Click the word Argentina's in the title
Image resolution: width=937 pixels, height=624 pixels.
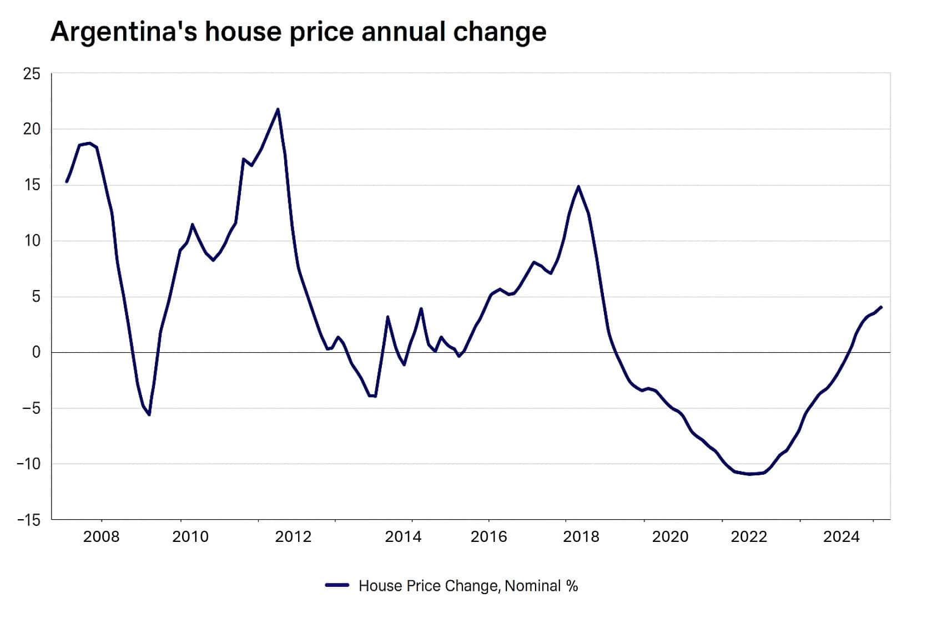point(123,32)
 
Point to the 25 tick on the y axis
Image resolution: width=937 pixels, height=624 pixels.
point(32,74)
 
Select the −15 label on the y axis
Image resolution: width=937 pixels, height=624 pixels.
point(29,520)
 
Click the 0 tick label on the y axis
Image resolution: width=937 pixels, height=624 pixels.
point(36,353)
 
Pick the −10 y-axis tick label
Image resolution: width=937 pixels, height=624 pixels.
point(29,464)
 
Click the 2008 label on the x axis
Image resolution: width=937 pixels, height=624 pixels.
point(101,537)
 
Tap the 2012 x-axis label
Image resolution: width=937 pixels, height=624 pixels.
point(293,537)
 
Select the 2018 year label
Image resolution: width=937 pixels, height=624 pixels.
point(581,537)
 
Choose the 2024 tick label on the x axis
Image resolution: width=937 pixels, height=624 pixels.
point(841,537)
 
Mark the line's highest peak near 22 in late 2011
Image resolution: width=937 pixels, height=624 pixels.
point(278,109)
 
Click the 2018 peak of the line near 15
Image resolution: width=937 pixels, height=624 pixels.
point(578,186)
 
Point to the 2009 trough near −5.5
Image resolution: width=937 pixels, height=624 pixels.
point(149,414)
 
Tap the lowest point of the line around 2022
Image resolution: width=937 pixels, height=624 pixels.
point(749,474)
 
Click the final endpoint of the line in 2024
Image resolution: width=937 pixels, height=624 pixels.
point(881,307)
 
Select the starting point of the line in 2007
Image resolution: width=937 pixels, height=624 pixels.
point(67,181)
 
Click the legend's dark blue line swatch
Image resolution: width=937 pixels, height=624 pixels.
point(337,586)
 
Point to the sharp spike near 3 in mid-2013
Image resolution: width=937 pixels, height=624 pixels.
point(387,317)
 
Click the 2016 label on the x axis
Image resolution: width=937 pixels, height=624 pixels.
point(488,537)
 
